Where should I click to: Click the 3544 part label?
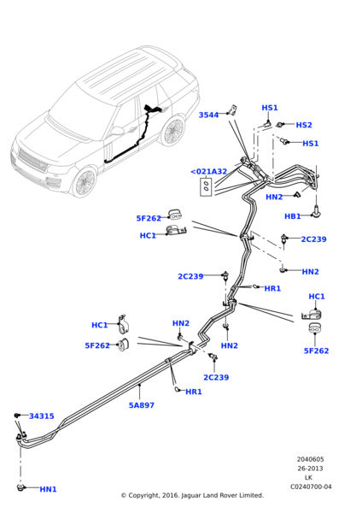[x=208, y=115]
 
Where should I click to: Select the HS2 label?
[x=304, y=125]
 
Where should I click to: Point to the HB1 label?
[x=293, y=216]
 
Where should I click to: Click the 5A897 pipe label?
[x=142, y=405]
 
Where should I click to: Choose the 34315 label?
[x=41, y=416]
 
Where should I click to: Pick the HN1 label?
[x=48, y=489]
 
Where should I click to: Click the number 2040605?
[x=310, y=459]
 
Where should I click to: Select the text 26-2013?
[x=310, y=469]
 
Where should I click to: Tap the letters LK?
[x=309, y=478]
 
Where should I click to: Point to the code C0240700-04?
[x=310, y=487]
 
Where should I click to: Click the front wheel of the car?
[x=85, y=182]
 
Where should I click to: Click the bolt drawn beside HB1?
[x=318, y=208]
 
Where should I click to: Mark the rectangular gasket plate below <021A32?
[x=207, y=187]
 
